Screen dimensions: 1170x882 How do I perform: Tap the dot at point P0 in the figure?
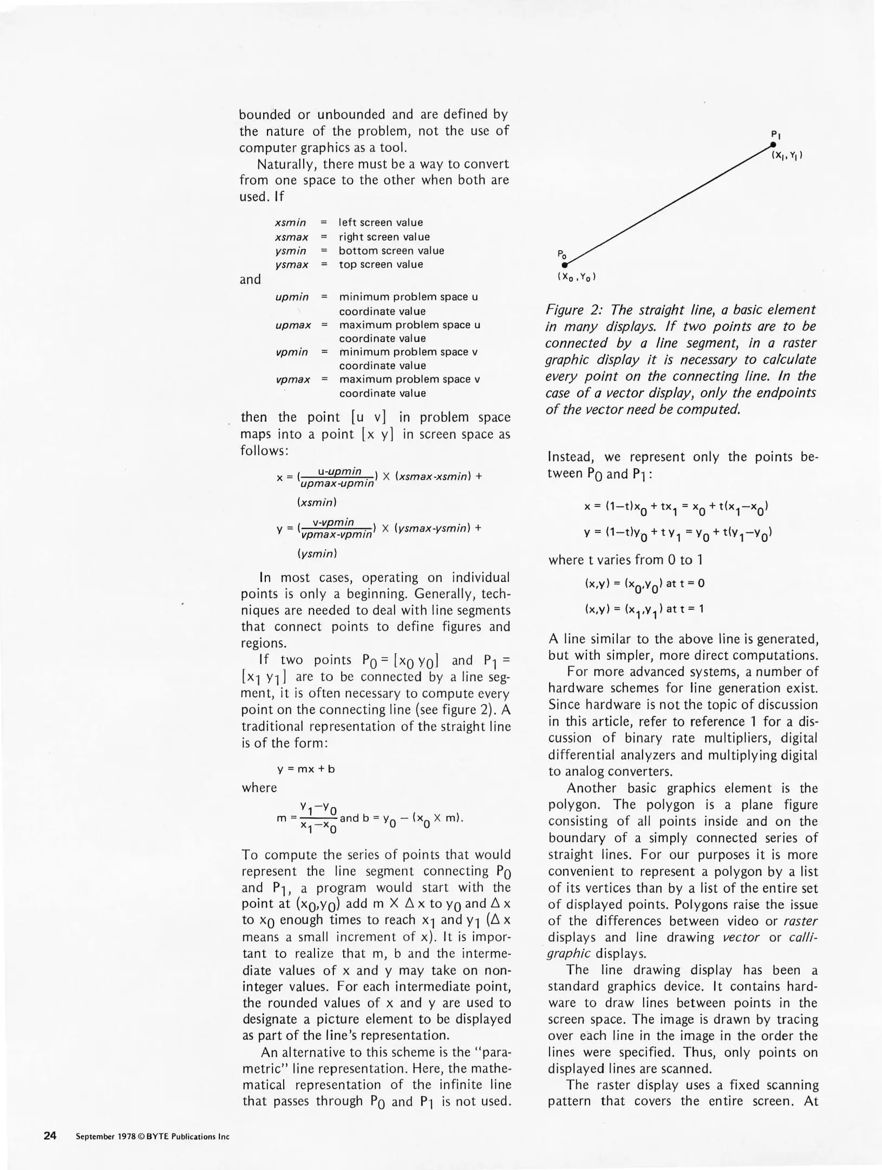click(564, 265)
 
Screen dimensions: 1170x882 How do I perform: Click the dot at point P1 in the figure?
click(773, 145)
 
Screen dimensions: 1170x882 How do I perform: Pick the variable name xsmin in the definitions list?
click(290, 223)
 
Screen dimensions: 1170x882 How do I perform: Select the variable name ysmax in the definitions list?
click(291, 265)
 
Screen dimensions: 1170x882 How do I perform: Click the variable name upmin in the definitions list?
click(292, 297)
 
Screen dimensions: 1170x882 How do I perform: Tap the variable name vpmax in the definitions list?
click(292, 380)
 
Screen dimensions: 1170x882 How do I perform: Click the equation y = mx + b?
click(306, 769)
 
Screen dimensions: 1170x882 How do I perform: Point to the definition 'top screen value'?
click(381, 264)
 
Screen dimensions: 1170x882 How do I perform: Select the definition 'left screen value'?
click(381, 223)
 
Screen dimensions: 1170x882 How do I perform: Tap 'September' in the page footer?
click(96, 1136)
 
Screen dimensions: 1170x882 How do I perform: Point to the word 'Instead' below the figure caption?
click(572, 457)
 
